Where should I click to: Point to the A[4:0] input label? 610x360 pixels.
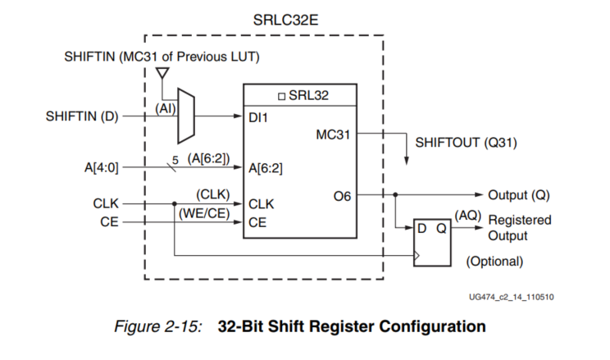click(x=102, y=168)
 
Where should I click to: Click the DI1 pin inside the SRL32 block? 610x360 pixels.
click(x=258, y=117)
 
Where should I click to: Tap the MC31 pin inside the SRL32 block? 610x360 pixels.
click(x=334, y=134)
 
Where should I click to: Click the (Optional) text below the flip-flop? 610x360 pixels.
click(x=494, y=262)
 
